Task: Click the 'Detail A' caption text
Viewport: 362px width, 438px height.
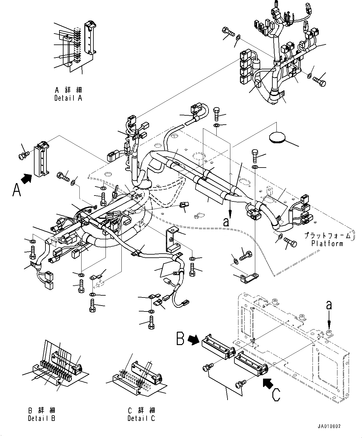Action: pos(68,98)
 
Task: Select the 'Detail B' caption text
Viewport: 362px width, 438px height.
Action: pos(41,418)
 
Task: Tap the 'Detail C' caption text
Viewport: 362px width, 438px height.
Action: pos(141,418)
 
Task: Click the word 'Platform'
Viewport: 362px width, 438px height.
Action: pos(327,243)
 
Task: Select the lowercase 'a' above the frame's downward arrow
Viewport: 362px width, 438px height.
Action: pos(329,306)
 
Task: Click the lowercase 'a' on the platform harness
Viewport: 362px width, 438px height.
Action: pos(226,222)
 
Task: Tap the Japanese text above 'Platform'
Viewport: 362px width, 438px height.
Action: pos(327,236)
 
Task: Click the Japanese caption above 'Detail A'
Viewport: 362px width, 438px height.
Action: pos(68,90)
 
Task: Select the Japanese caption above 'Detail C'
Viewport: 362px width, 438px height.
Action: pos(141,411)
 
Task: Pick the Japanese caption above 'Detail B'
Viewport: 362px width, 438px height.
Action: pos(41,411)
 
